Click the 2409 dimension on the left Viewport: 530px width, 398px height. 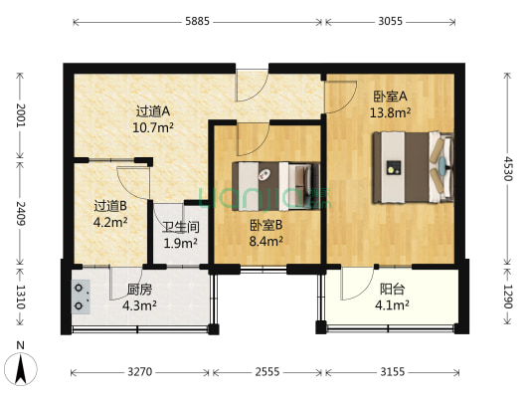(x=18, y=212)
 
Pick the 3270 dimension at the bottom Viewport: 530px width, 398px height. (x=140, y=373)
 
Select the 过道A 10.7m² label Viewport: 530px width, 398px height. (x=154, y=119)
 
